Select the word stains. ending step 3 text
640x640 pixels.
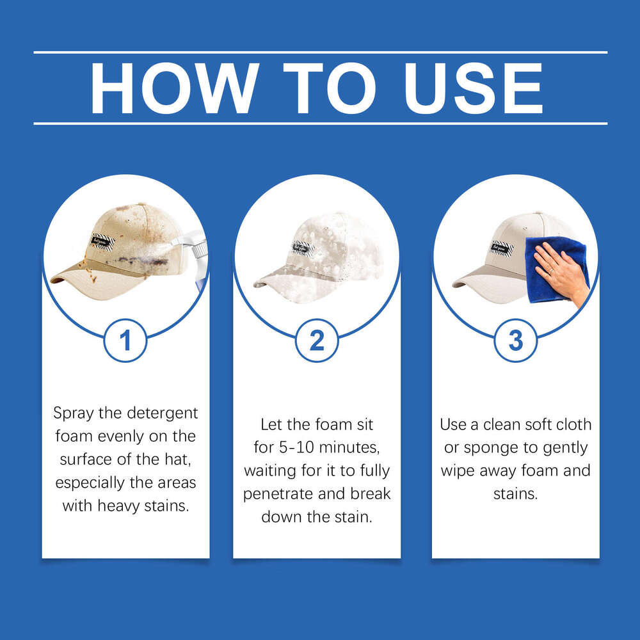[x=515, y=494]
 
